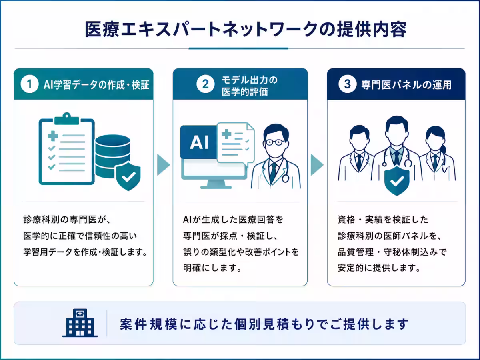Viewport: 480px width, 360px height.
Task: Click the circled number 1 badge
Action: tap(30, 84)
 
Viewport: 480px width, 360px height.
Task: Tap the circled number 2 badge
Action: tap(205, 84)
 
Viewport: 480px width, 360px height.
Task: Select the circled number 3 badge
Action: tap(348, 84)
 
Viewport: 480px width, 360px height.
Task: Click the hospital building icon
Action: tap(80, 323)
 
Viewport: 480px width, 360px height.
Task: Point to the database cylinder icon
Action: tap(113, 156)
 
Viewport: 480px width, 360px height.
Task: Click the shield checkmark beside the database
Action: tap(128, 176)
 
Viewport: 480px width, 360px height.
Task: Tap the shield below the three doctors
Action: tap(397, 181)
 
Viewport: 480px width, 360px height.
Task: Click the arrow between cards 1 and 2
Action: tap(163, 165)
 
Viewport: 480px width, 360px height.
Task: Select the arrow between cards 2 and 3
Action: tap(317, 165)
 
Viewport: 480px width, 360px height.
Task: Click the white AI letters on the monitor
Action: tap(199, 142)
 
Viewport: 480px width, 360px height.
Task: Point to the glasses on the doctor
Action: tap(276, 142)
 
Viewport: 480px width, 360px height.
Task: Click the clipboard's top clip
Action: tap(67, 119)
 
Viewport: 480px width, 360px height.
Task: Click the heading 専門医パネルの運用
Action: tap(406, 85)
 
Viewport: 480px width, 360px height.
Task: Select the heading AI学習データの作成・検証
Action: tap(96, 85)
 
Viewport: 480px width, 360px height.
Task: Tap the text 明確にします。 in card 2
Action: tap(212, 268)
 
